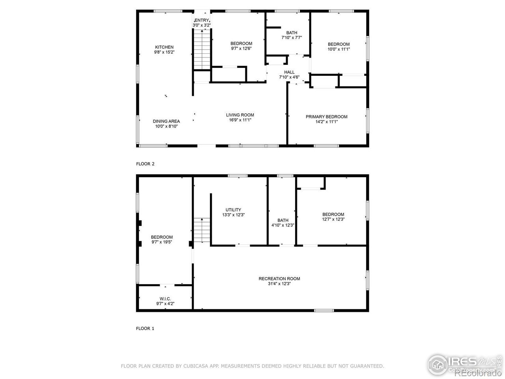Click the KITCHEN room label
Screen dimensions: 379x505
point(164,47)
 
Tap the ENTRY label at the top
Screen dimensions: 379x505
point(201,20)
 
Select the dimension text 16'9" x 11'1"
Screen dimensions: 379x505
point(240,120)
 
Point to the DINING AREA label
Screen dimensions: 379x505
point(166,121)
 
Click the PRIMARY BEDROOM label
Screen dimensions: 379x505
point(326,116)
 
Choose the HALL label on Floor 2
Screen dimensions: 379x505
point(289,72)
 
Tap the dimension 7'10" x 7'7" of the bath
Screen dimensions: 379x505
point(292,38)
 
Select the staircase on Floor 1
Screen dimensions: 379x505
point(202,231)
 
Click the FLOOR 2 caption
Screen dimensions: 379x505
point(145,164)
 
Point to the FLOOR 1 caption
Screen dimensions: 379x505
point(145,328)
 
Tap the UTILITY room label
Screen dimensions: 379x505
point(233,210)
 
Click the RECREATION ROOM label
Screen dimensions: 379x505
point(279,279)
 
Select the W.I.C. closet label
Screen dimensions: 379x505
point(165,299)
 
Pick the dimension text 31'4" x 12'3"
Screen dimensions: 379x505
point(279,284)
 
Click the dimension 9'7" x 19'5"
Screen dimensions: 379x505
point(161,242)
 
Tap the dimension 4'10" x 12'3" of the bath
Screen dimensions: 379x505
point(283,225)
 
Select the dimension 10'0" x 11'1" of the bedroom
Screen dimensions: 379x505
point(339,49)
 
